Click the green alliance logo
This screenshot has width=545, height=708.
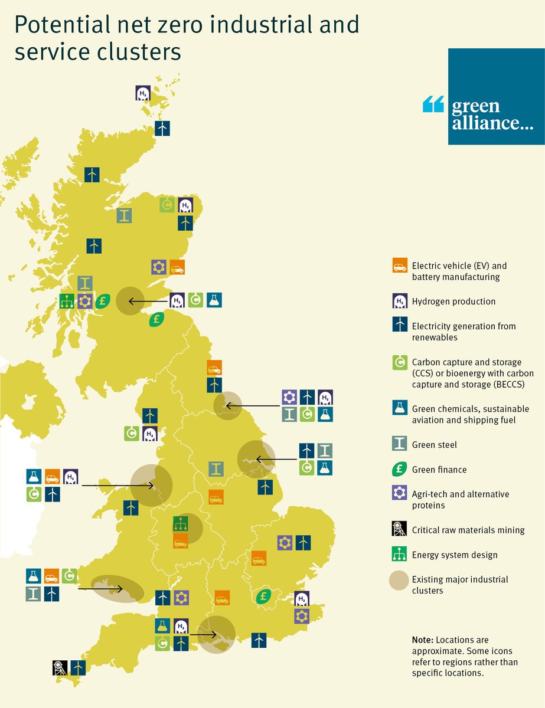pos(496,96)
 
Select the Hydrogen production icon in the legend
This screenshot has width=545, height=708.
pos(400,301)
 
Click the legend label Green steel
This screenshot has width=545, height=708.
pos(435,445)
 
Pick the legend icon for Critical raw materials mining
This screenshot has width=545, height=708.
pos(400,529)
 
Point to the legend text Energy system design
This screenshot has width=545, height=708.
pos(455,555)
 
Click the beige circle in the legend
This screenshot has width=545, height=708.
pos(400,581)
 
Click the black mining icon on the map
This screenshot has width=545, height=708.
pos(60,667)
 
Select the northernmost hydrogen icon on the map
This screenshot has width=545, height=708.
pos(143,93)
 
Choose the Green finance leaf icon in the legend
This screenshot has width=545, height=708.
pos(400,470)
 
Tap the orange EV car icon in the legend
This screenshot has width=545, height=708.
pos(400,266)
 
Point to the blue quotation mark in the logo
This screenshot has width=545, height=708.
pos(433,105)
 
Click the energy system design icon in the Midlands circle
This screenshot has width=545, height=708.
pos(180,523)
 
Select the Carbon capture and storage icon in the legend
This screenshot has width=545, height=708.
pos(400,362)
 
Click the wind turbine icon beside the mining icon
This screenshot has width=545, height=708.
pos(78,667)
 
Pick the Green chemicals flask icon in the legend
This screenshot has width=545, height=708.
pos(400,408)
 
